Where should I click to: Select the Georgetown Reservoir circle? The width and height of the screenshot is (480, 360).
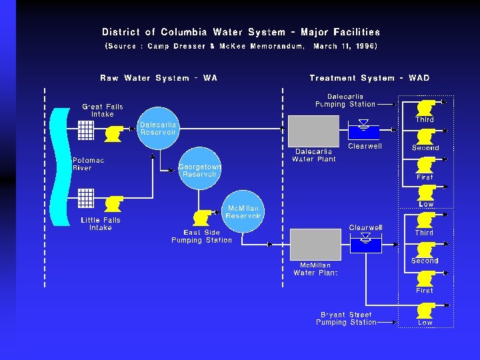tap(199, 169)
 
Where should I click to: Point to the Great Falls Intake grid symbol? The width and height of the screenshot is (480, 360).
tap(85, 130)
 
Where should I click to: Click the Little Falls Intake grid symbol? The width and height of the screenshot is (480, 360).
tap(85, 198)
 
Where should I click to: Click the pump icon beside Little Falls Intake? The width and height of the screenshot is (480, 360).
tap(113, 203)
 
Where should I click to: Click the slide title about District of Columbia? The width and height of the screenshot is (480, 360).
tap(241, 32)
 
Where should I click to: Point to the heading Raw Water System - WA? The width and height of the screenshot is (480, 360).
tap(159, 78)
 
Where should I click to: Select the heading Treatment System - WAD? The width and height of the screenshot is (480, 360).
tap(369, 78)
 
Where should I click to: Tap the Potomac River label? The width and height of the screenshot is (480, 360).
tap(88, 164)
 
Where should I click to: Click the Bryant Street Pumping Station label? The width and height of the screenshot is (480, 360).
tap(347, 319)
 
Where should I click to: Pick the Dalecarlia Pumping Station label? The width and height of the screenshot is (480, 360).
tap(345, 100)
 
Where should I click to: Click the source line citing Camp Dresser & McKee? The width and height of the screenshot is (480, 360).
tap(241, 47)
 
